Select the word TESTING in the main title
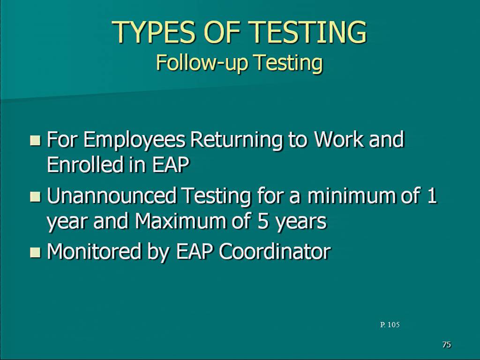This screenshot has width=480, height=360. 309,32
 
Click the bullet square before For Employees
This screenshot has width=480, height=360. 35,141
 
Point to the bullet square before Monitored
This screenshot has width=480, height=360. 35,253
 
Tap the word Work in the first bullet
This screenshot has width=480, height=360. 339,139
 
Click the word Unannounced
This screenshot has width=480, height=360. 112,195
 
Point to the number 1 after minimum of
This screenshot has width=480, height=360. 432,195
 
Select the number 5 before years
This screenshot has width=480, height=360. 263,221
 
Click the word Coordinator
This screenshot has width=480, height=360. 275,252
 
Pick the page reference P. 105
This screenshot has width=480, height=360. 390,325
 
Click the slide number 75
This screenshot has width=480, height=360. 447,345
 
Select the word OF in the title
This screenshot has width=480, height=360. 224,32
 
